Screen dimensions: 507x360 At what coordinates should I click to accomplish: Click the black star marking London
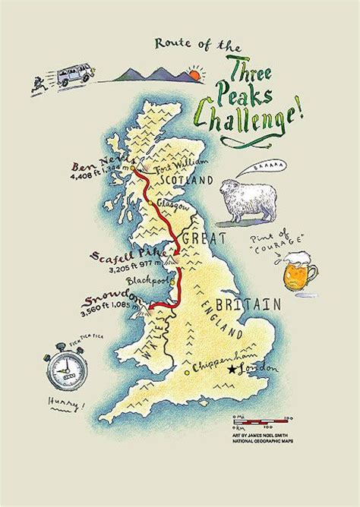[x=230, y=370]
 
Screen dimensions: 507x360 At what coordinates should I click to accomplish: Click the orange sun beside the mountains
[x=197, y=75]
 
